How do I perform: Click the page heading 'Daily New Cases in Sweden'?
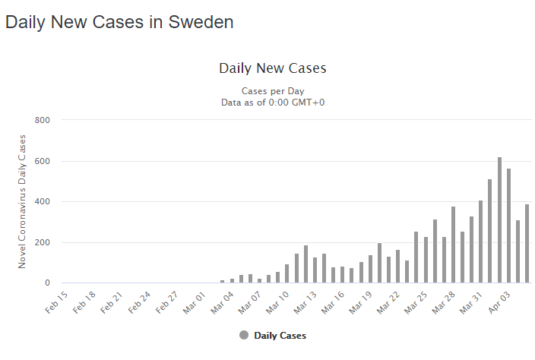[x=119, y=22]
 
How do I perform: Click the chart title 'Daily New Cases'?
[x=273, y=68]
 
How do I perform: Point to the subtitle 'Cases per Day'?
[x=273, y=91]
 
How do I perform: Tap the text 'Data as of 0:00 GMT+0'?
[x=273, y=103]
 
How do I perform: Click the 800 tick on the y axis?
[x=42, y=120]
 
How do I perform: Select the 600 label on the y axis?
[x=42, y=161]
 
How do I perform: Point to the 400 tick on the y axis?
[x=42, y=201]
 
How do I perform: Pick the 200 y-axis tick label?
[x=42, y=242]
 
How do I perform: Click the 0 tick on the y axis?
[x=47, y=283]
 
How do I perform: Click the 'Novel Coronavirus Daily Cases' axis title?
[x=22, y=201]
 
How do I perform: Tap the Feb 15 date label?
[x=56, y=302]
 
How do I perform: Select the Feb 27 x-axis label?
[x=167, y=302]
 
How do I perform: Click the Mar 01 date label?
[x=195, y=303]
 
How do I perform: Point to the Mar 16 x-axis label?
[x=333, y=303]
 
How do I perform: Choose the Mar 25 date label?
[x=416, y=303]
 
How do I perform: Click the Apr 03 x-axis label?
[x=499, y=302]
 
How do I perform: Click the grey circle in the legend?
[x=244, y=336]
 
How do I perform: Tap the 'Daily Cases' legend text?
[x=280, y=336]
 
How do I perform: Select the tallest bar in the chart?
[x=499, y=220]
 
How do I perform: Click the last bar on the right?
[x=527, y=244]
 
